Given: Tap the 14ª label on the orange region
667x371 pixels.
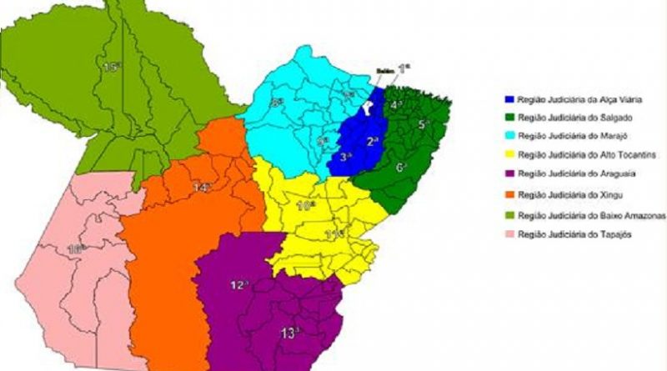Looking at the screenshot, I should (201, 188).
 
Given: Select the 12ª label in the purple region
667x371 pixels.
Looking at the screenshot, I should (238, 285).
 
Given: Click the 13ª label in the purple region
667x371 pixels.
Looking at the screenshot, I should (289, 333).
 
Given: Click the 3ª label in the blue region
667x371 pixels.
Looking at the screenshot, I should (344, 155).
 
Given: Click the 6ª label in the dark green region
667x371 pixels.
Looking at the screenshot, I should (401, 168).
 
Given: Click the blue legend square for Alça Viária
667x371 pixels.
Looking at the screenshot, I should (508, 98).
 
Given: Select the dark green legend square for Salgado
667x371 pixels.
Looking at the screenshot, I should (508, 118).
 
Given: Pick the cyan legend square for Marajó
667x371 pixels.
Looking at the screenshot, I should (508, 136).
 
